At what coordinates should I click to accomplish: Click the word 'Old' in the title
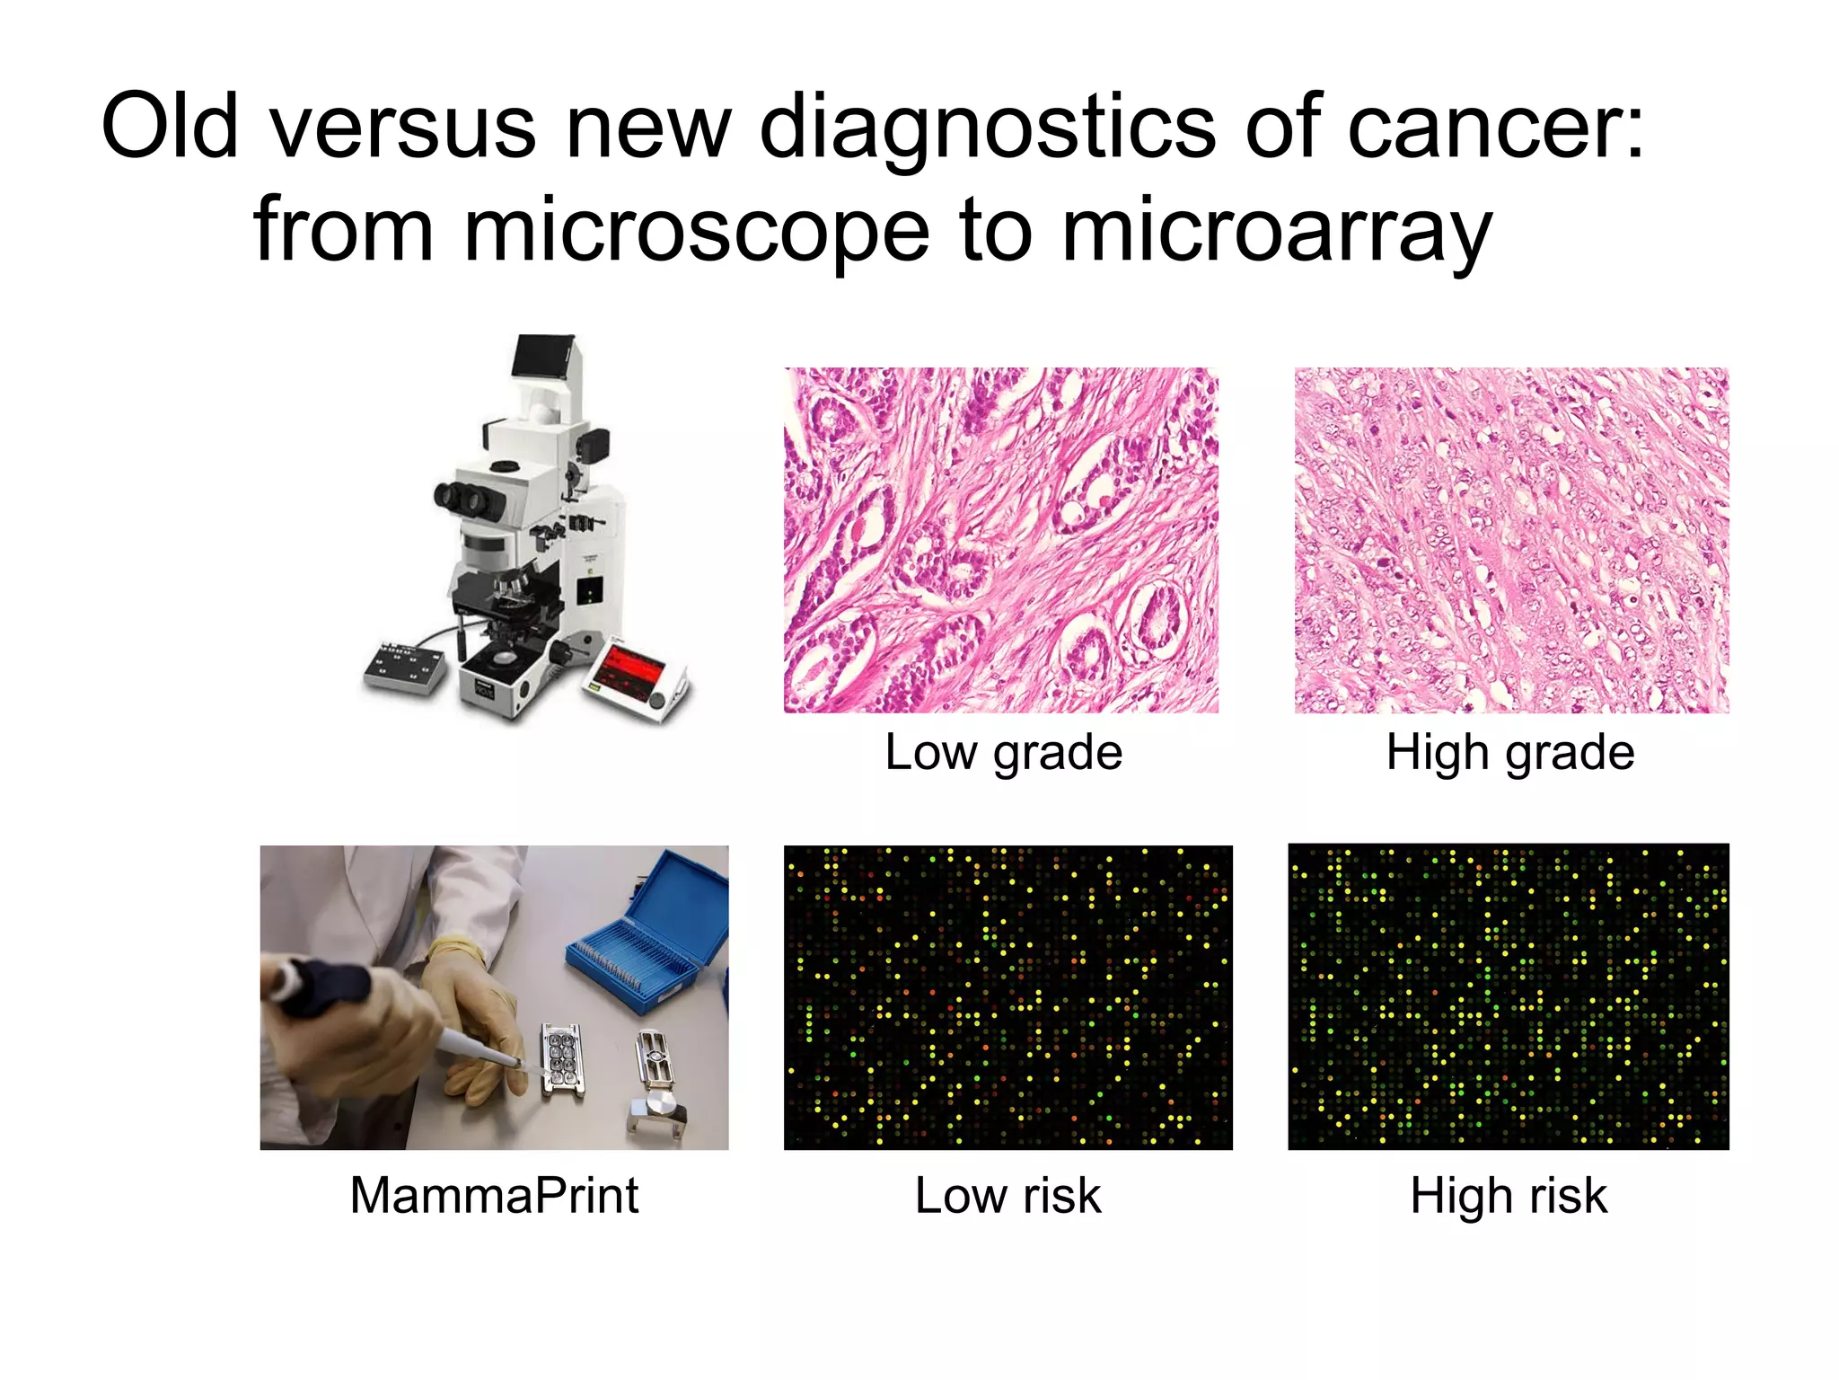(170, 127)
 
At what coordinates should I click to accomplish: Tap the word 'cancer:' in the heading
(1497, 127)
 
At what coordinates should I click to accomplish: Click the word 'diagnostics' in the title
(987, 127)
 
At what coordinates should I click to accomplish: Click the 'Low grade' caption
(1003, 752)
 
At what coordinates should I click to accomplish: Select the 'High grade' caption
(1510, 752)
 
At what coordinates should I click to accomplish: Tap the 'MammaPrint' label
(494, 1195)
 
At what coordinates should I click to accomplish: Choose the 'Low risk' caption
(1007, 1195)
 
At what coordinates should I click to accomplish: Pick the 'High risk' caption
(1509, 1195)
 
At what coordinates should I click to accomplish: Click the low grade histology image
(1001, 540)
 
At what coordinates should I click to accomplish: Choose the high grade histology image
(1511, 540)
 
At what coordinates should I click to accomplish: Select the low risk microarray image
(1007, 997)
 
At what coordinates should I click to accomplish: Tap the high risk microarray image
(1509, 997)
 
